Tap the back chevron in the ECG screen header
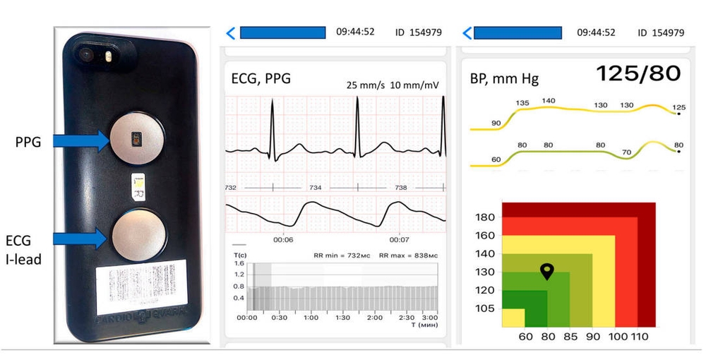tap(230, 32)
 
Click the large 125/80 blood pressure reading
tap(638, 73)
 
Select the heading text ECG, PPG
tap(261, 78)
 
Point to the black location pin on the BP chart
tap(547, 271)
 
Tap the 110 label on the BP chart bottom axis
tap(639, 337)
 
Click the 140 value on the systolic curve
tap(548, 101)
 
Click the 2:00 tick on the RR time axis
tap(374, 318)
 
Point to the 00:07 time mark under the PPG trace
tap(400, 240)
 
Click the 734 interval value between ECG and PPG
tap(315, 188)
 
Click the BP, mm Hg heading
tap(504, 78)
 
